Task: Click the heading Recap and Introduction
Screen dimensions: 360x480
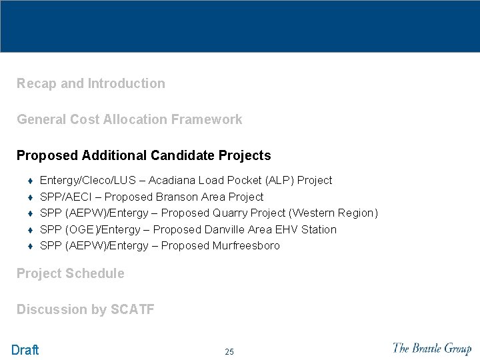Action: [x=91, y=84]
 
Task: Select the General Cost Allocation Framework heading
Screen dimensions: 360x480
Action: [x=129, y=120]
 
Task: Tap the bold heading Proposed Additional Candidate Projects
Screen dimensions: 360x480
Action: [x=143, y=156]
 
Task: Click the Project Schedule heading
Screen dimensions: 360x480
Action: [x=70, y=273]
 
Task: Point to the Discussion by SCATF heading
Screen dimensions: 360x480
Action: [x=85, y=309]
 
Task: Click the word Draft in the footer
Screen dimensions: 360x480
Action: [x=25, y=350]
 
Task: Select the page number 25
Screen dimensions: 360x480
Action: [x=229, y=352]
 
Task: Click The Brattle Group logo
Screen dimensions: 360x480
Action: [x=431, y=348]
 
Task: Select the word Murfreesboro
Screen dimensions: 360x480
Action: [x=246, y=246]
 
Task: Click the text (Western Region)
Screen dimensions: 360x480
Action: [x=333, y=213]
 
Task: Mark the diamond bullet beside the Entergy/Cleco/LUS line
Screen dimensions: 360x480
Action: [x=30, y=181]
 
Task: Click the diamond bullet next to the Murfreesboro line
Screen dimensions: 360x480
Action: [x=30, y=246]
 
